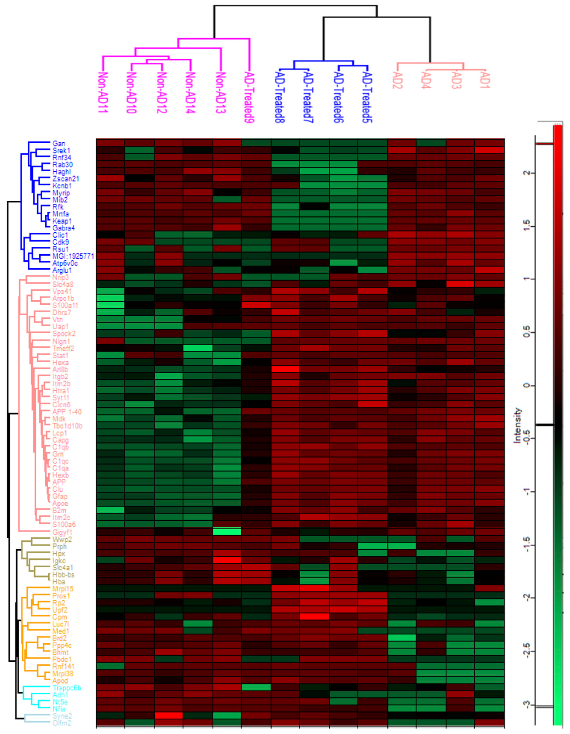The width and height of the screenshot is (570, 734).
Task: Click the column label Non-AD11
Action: (103, 93)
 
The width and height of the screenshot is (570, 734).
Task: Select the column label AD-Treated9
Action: (249, 97)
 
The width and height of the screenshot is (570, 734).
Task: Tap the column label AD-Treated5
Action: (367, 97)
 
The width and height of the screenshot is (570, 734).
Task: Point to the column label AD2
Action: (397, 80)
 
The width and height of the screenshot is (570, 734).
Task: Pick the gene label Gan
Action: (59, 143)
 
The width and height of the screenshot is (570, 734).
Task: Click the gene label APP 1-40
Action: (67, 411)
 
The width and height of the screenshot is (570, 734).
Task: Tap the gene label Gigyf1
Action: (62, 532)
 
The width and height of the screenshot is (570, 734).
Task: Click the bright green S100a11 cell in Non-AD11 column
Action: (110, 305)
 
